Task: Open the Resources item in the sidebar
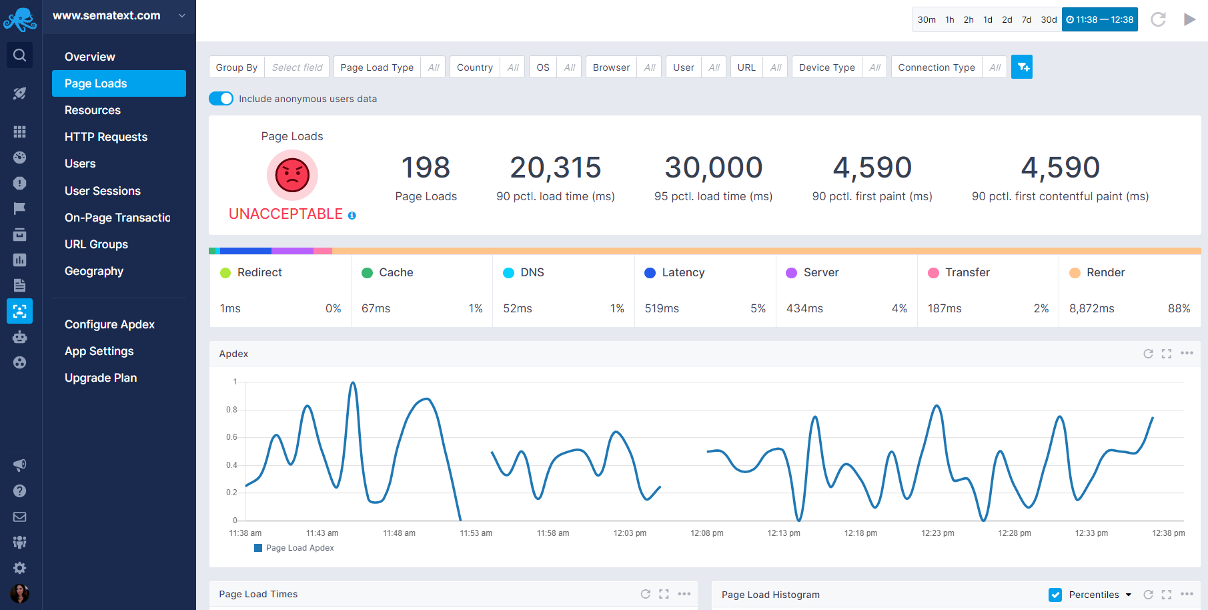[x=93, y=110]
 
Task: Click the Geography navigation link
[x=94, y=271]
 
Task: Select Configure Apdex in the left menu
[x=109, y=324]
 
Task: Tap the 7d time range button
[x=1027, y=19]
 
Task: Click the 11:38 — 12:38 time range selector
[x=1099, y=19]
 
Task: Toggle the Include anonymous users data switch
[x=221, y=99]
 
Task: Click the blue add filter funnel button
[x=1021, y=67]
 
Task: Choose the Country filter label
[x=474, y=67]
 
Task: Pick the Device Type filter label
[x=826, y=67]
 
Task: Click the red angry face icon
[x=292, y=176]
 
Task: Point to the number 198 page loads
[x=426, y=168]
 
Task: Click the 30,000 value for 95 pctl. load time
[x=713, y=168]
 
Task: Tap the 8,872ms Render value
[x=1091, y=308]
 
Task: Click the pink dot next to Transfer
[x=933, y=273]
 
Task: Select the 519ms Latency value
[x=662, y=308]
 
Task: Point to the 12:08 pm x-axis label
[x=706, y=533]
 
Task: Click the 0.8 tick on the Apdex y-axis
[x=231, y=410]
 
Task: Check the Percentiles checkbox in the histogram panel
[x=1055, y=595]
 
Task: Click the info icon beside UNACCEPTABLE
[x=352, y=216]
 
